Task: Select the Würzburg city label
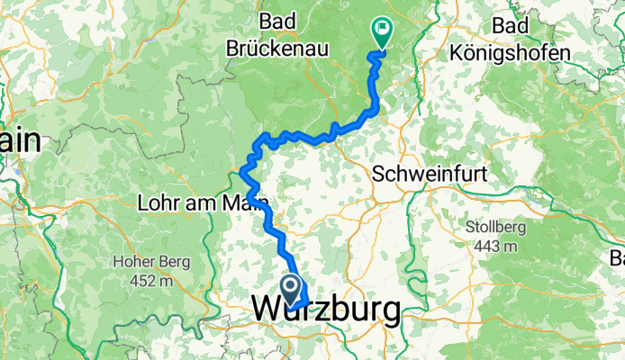coord(327,311)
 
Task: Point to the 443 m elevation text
coord(496,247)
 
